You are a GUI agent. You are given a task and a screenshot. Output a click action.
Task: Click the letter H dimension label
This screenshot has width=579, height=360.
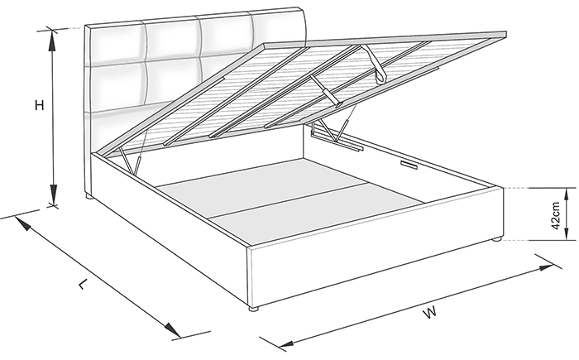click(39, 105)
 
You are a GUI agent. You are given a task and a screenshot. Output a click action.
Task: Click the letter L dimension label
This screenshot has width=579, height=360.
click(84, 284)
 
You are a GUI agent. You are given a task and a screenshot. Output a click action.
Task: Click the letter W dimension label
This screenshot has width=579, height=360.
click(430, 312)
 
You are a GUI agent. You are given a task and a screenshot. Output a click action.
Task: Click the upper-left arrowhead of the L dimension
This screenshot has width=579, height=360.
click(22, 223)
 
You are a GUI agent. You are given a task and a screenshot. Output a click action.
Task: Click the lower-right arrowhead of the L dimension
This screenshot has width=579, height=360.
click(172, 329)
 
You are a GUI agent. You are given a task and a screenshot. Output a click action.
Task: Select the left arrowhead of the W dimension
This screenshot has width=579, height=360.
click(287, 343)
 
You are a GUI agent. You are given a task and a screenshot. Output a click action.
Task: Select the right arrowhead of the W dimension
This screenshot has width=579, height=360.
click(546, 266)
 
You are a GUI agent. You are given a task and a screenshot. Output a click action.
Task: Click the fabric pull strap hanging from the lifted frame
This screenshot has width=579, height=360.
click(376, 64)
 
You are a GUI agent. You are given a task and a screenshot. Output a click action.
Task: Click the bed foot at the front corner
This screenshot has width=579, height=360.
click(253, 309)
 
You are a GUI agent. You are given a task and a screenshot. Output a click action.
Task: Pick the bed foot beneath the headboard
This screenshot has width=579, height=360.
click(89, 197)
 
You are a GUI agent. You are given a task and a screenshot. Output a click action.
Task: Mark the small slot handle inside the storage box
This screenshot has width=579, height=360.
click(409, 165)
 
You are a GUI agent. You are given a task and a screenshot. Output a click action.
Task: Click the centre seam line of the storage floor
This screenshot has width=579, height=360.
click(288, 200)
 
